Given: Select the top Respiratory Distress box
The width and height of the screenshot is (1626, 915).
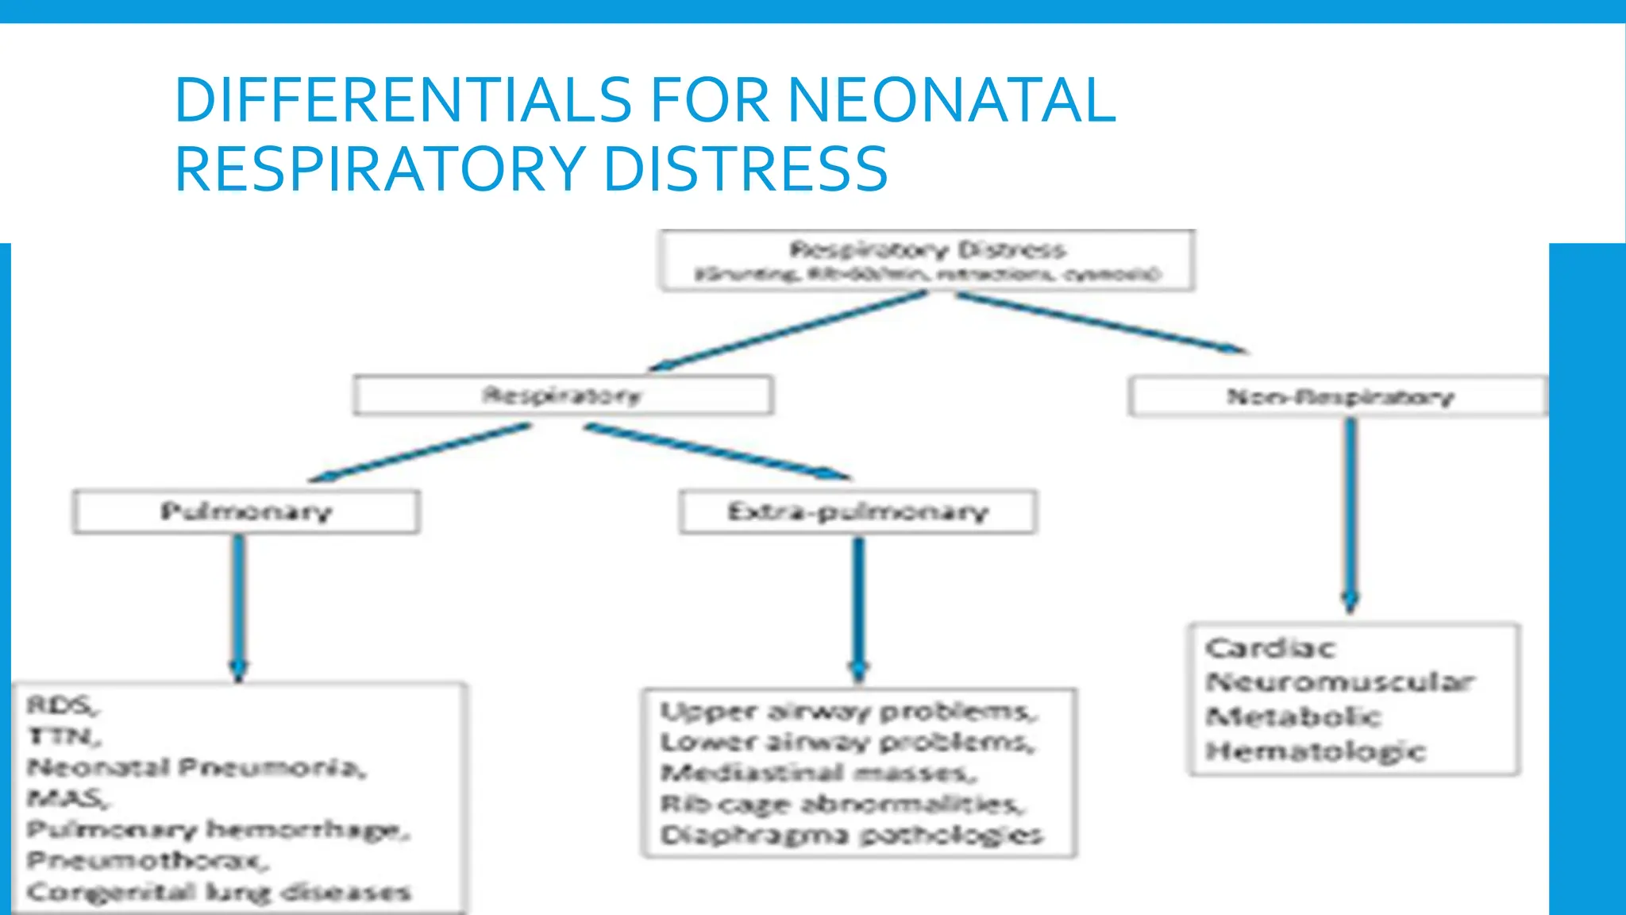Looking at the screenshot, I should coord(927,261).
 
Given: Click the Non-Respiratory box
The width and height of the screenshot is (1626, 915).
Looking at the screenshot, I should coord(1339,396).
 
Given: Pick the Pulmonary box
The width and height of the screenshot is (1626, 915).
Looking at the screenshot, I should coord(246,512).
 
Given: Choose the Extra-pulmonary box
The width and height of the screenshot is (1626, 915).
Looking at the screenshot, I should coord(857,512).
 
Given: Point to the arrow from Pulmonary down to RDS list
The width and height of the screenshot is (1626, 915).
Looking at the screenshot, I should coord(239,608).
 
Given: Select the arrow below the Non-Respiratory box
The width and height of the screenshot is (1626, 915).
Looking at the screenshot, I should coord(1351,516).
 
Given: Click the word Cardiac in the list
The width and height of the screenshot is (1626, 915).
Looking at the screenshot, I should coord(1270,648).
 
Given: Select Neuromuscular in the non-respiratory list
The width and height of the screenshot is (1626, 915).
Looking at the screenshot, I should coord(1339,681).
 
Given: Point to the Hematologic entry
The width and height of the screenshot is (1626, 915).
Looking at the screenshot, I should coord(1316,751).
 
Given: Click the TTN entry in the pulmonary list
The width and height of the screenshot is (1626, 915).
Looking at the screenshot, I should coord(64,737).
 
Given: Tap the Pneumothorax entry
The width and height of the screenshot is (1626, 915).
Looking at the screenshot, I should coord(148,860).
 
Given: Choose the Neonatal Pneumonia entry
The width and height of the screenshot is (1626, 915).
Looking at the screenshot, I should coord(196,768).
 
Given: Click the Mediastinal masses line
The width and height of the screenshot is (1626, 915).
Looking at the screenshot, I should coord(819,772).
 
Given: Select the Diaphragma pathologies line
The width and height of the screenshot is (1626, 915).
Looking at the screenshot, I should coord(851,835).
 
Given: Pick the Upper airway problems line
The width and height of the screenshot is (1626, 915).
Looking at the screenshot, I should coord(848,711).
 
